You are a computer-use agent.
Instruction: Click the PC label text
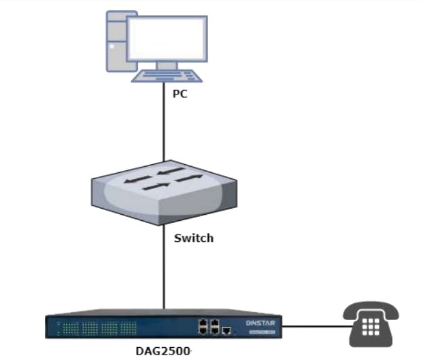(179, 94)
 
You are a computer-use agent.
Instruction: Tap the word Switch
(193, 238)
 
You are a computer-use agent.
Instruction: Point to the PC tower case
(115, 40)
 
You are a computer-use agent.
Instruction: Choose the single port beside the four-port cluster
(227, 330)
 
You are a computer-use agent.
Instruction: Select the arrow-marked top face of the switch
(164, 179)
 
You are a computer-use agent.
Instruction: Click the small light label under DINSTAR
(260, 332)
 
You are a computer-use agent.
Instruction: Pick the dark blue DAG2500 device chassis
(155, 327)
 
